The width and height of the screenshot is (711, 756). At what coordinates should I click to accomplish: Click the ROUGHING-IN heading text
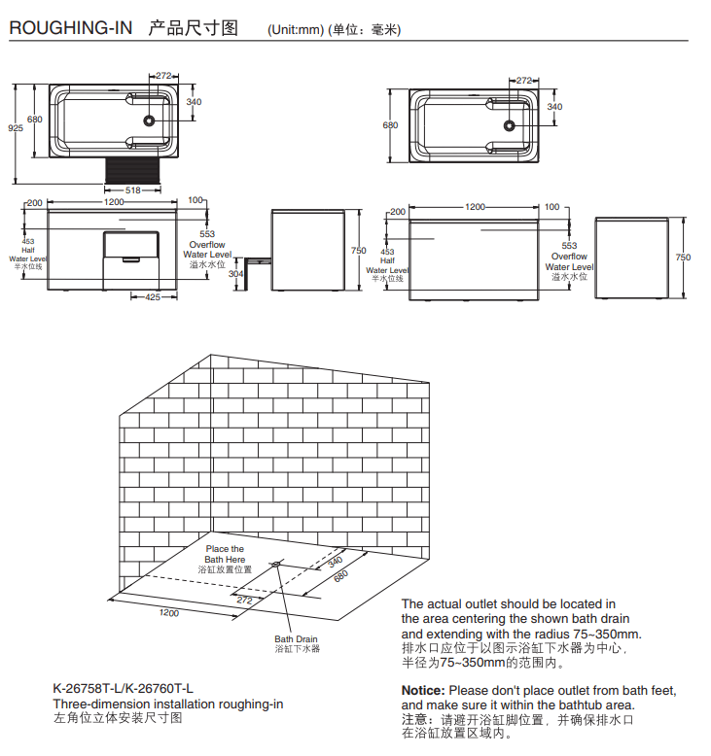click(70, 28)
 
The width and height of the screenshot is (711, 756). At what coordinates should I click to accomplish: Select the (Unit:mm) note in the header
click(295, 30)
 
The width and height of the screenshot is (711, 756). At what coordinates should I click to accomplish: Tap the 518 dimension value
click(134, 189)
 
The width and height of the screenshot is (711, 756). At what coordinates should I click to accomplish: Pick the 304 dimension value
click(235, 274)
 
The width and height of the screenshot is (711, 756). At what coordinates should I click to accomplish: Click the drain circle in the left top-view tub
click(150, 121)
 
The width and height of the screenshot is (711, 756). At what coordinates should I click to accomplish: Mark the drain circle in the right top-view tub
click(509, 124)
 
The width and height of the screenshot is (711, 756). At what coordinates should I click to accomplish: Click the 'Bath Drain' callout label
click(296, 639)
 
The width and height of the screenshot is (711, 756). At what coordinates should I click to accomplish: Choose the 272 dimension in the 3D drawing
click(244, 601)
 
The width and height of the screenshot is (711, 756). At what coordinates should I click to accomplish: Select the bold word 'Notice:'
click(423, 690)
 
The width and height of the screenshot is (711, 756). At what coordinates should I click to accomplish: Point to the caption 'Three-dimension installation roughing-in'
click(167, 704)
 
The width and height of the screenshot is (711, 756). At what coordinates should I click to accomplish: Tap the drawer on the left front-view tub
click(129, 258)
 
